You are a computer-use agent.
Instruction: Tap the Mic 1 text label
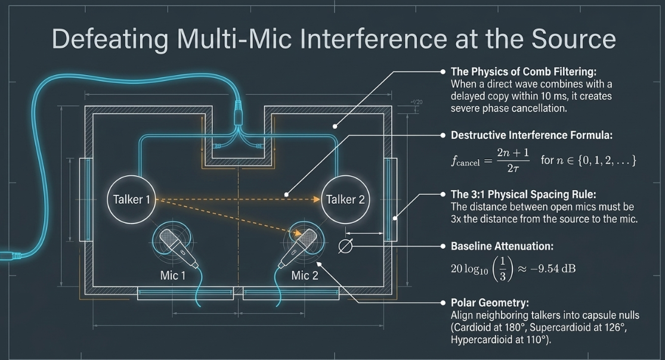(x=172, y=275)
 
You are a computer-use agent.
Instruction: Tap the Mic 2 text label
(x=305, y=275)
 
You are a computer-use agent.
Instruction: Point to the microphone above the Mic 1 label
(x=178, y=247)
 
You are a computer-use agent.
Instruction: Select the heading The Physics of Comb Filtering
(x=523, y=72)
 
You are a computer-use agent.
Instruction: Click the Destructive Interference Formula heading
(x=531, y=135)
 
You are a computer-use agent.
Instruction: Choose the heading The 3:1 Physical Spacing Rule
(x=523, y=195)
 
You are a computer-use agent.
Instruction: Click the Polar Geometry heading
(x=490, y=303)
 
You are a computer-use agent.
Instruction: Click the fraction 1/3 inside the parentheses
(x=503, y=269)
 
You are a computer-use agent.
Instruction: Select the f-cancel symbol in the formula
(x=465, y=161)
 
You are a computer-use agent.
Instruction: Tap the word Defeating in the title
(x=110, y=39)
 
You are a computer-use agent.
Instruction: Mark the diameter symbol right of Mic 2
(x=345, y=246)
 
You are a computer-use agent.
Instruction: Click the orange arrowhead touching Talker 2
(x=316, y=199)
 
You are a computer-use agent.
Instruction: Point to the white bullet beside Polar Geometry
(x=443, y=303)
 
